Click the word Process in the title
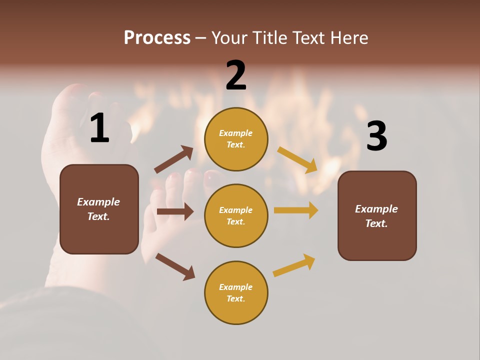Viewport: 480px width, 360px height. coord(157,37)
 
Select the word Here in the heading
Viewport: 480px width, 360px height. coord(349,37)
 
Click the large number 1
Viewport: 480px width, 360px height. coord(99,128)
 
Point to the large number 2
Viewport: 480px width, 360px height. coord(236,75)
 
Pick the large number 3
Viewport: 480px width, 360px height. coord(377,136)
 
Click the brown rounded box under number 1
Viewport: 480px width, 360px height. coord(99,209)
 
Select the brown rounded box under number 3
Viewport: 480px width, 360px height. coord(377,215)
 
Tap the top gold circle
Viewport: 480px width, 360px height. coord(236,139)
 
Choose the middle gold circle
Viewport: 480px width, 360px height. coord(236,215)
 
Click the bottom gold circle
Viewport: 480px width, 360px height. coord(236,292)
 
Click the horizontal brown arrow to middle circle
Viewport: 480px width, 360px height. coord(175,211)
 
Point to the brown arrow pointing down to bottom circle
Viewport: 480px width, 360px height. coord(175,266)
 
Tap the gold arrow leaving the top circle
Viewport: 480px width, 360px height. coord(297,159)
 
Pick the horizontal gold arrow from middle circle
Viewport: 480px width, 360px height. coord(296,210)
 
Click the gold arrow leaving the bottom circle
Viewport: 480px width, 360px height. coord(294,265)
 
